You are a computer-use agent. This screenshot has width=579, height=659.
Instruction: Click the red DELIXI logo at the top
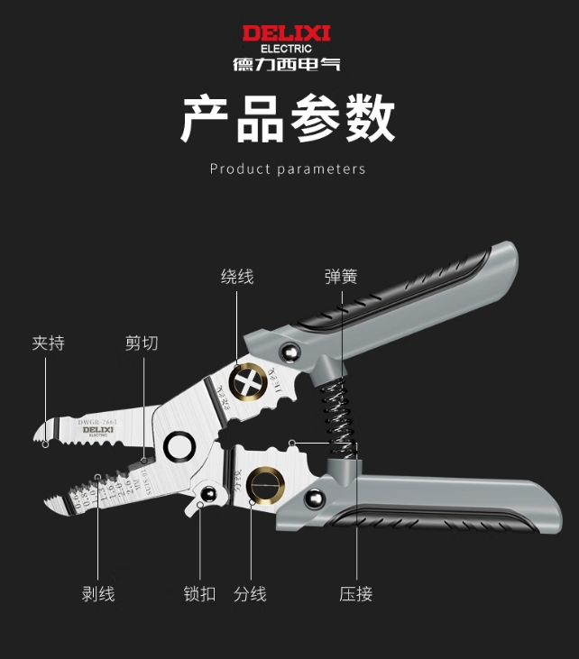click(x=287, y=33)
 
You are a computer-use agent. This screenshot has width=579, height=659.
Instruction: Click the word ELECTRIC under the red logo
click(x=287, y=48)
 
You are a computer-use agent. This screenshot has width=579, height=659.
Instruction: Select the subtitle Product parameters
click(x=288, y=169)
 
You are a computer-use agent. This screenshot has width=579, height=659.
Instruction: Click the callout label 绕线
click(x=237, y=277)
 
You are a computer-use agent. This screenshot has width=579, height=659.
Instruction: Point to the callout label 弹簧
click(x=341, y=277)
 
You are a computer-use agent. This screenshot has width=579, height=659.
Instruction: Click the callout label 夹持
click(x=49, y=343)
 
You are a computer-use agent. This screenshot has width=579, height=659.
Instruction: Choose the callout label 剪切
click(x=142, y=343)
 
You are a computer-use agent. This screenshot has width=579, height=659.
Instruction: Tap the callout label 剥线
click(x=98, y=594)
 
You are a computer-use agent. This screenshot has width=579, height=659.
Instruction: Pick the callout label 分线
click(x=250, y=594)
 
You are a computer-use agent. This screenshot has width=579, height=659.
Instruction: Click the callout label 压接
click(x=356, y=594)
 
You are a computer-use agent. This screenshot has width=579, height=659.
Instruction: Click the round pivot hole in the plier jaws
click(x=179, y=446)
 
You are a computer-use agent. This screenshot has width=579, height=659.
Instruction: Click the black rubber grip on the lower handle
click(x=451, y=521)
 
